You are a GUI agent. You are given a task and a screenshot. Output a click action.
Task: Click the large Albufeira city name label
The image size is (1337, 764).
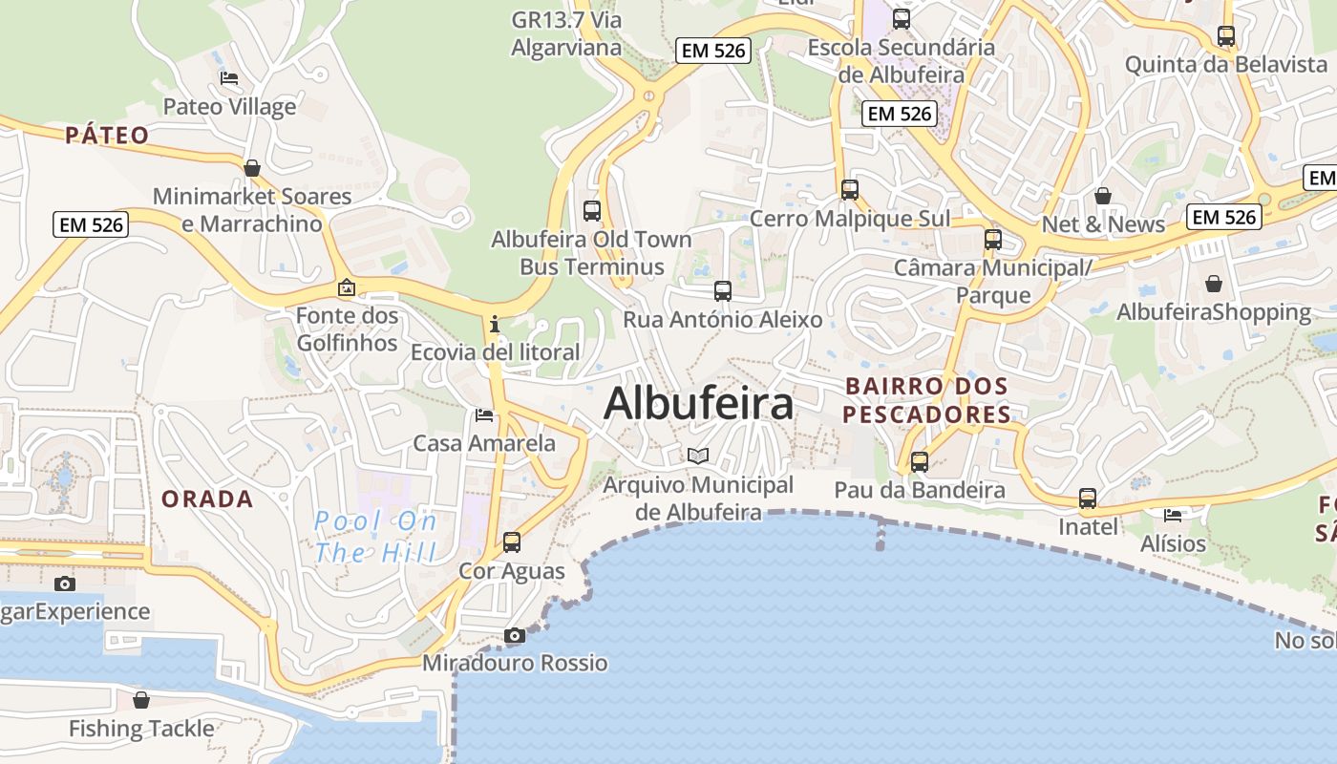[x=698, y=403]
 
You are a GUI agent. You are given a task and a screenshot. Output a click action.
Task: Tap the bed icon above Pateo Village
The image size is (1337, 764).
[x=228, y=78]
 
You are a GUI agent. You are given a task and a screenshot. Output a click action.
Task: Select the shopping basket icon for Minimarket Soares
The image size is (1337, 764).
[x=252, y=169]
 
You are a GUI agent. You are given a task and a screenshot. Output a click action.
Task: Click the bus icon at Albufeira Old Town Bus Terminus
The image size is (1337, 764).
[x=591, y=210]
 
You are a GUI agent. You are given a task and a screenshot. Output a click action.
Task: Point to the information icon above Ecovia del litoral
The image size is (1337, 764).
[x=495, y=324]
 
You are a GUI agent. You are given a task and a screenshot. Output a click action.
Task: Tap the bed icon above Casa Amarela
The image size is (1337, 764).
[x=484, y=415]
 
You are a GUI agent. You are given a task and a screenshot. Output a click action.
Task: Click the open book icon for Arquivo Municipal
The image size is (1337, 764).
[x=698, y=456]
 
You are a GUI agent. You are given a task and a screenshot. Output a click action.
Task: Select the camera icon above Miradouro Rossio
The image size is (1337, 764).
[x=514, y=635]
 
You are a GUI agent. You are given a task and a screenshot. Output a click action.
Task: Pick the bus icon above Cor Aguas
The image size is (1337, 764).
[x=512, y=542]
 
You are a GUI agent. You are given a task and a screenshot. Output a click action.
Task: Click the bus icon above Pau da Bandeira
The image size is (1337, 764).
[x=920, y=462]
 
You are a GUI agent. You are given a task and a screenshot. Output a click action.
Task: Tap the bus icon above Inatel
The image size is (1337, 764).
[x=1088, y=499]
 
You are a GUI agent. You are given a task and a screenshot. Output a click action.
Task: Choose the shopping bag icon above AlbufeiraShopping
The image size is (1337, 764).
[x=1213, y=284]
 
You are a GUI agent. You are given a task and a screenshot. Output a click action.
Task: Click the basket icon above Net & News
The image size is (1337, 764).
[x=1103, y=196]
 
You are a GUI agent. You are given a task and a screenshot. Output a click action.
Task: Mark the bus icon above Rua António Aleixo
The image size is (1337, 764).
[x=723, y=291]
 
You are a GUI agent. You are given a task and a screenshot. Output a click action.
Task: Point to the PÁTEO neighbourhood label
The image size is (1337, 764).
[x=108, y=136]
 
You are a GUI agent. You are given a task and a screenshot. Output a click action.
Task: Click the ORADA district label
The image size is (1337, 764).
[x=207, y=499]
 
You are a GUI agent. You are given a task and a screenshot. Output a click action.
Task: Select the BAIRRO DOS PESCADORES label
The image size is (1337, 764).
[x=926, y=400]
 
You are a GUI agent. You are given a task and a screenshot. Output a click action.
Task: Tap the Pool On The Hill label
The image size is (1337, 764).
[x=375, y=536]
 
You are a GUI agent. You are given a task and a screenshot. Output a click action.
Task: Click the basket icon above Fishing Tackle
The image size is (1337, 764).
[x=141, y=700]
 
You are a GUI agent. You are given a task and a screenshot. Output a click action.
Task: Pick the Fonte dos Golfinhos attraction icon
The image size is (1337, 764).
[x=347, y=286]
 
